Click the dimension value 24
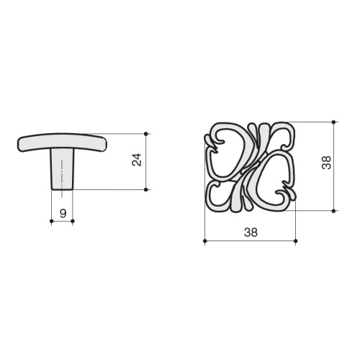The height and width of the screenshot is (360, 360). click(x=137, y=160)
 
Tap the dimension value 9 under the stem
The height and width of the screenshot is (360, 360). click(x=63, y=213)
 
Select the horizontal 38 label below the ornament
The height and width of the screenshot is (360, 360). click(x=251, y=233)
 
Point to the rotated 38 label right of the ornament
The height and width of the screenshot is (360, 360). click(x=326, y=163)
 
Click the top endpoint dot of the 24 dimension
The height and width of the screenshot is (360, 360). click(x=146, y=133)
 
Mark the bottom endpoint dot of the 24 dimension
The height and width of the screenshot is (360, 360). click(x=146, y=189)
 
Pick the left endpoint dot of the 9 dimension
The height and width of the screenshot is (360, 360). click(x=51, y=221)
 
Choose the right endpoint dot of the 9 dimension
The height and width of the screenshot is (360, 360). click(x=73, y=221)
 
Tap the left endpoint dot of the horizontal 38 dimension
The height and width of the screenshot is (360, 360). click(x=204, y=240)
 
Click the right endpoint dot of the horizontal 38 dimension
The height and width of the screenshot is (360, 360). click(x=295, y=240)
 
